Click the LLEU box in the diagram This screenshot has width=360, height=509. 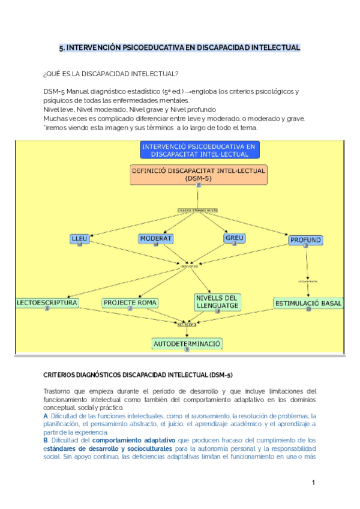pos(79,238)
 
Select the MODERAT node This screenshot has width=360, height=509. pos(156,238)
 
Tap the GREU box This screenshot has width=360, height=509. pos(234,238)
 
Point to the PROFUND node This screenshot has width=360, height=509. pos(306,240)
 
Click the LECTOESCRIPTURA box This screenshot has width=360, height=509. pos(47,303)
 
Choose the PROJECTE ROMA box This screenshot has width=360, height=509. pos(130,303)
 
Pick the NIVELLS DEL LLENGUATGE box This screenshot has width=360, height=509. pos(217,301)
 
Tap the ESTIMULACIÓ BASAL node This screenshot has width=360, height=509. pos(308,303)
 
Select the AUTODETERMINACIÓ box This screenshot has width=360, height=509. pos(187,343)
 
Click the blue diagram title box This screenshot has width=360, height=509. pos(198,149)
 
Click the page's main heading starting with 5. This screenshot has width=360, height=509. pos(180,47)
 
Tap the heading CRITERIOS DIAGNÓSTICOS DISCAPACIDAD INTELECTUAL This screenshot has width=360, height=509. pos(137,375)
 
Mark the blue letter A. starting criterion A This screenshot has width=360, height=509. pos(46,416)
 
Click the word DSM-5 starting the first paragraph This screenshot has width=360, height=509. pos(52,91)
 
